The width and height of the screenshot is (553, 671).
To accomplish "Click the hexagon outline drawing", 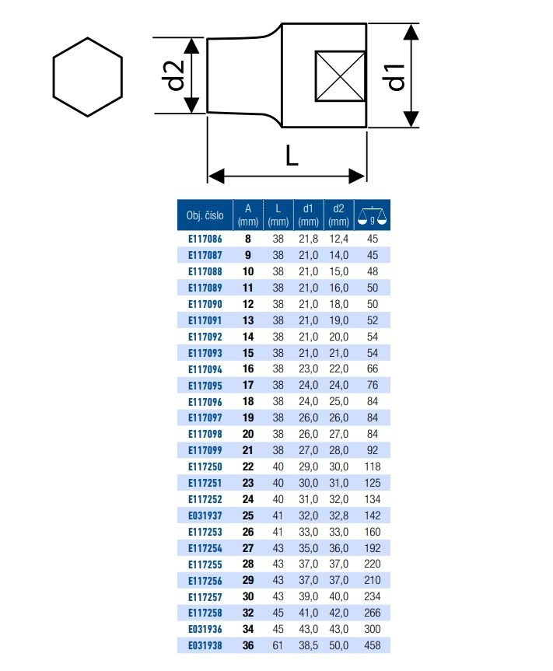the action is [x=53, y=77].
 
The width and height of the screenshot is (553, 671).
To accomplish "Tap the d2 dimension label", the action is [x=175, y=75].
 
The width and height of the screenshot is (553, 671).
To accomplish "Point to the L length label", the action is [x=292, y=156].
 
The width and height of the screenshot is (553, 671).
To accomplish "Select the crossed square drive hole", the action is [x=340, y=77].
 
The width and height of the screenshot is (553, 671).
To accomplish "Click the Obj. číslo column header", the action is [x=205, y=215].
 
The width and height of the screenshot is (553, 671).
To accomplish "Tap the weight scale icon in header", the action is [x=372, y=215].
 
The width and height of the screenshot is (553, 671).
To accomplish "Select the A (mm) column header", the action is [x=248, y=215].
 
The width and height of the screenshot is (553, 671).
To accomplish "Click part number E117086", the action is [x=205, y=239].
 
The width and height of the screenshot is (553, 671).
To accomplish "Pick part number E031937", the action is [x=205, y=515].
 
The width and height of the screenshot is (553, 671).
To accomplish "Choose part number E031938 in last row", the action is [x=205, y=645].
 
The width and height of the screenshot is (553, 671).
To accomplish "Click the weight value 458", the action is [x=373, y=645].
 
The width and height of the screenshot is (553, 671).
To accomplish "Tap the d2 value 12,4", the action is [x=338, y=239].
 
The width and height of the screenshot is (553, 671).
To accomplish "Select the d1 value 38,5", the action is [x=308, y=645].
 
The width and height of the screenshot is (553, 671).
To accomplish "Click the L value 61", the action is [x=278, y=645].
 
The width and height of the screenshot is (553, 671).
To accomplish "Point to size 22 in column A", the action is [x=248, y=467].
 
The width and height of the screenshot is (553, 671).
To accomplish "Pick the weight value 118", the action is [x=373, y=467].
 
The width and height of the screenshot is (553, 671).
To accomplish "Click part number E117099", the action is [x=205, y=450].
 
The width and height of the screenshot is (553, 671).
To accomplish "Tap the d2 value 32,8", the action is [x=338, y=515].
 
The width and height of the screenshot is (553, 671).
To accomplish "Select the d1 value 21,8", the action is [x=308, y=239].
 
